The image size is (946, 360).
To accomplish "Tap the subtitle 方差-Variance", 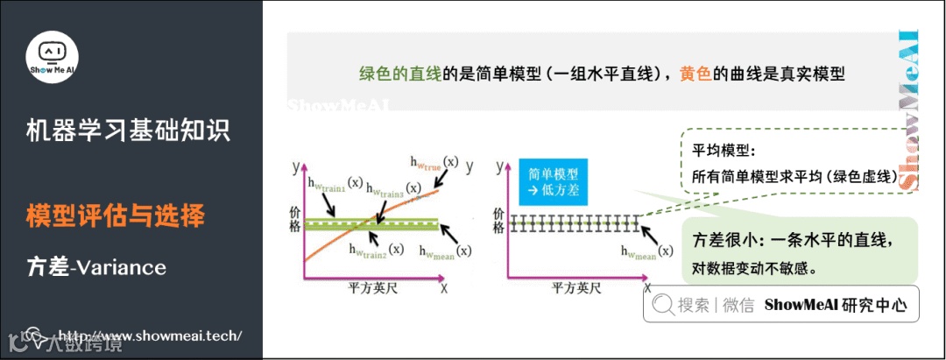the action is click(x=96, y=266).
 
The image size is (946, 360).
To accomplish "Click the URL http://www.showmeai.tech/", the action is click(x=149, y=335).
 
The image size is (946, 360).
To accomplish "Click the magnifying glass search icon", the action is click(x=662, y=305).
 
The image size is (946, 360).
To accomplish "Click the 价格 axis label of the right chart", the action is click(x=498, y=220).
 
